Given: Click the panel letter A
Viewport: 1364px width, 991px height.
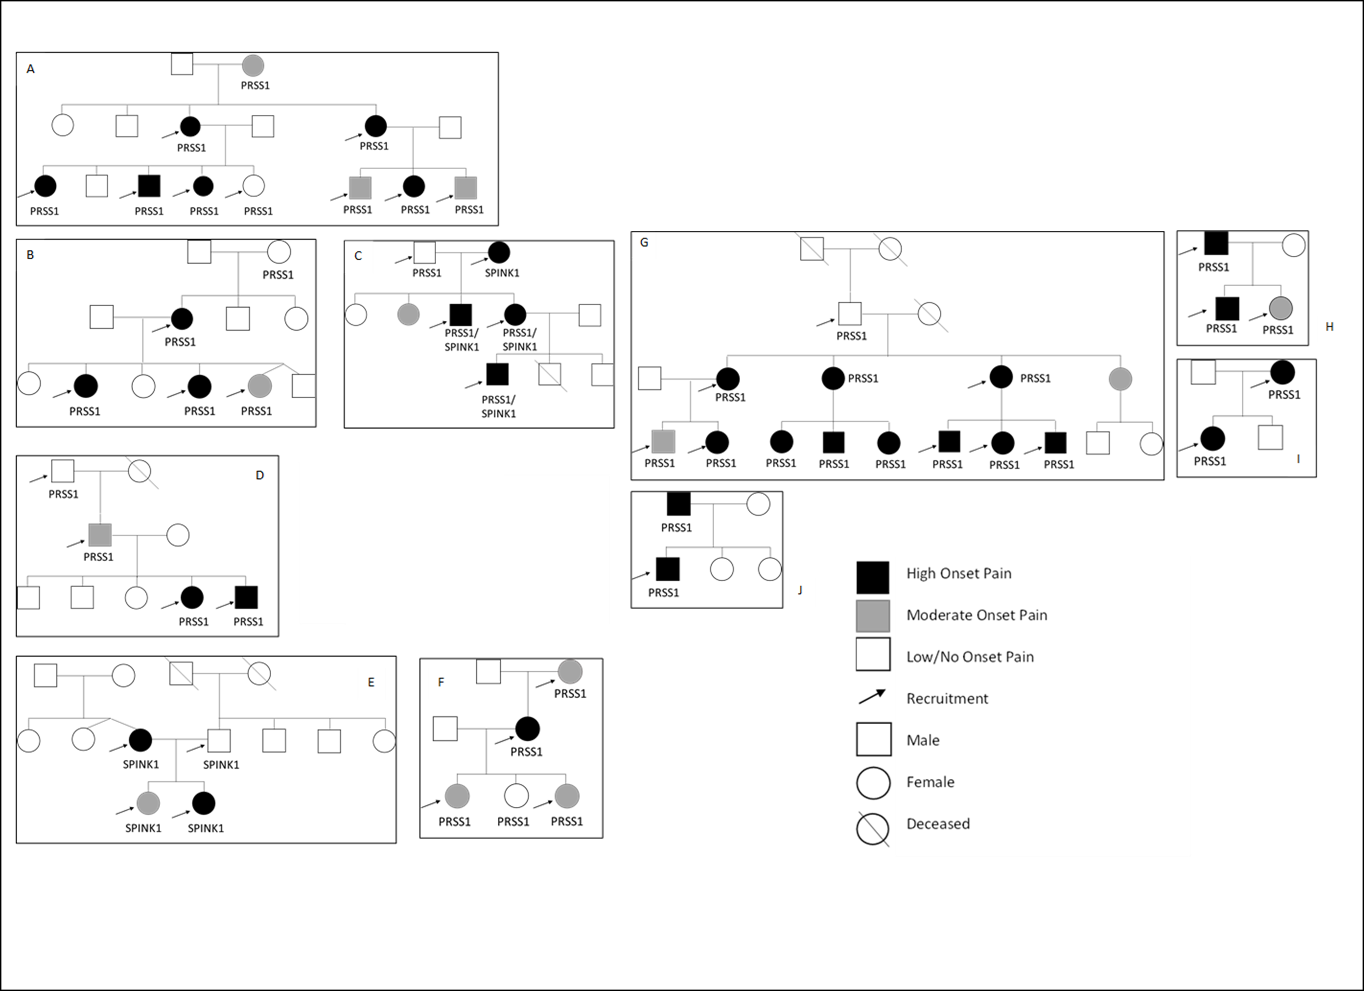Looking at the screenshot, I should tap(31, 69).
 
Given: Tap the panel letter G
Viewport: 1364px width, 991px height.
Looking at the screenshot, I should tap(644, 242).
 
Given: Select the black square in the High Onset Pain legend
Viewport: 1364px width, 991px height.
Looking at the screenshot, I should tap(872, 577).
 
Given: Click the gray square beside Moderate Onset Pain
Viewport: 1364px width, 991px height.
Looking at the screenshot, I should tap(872, 616).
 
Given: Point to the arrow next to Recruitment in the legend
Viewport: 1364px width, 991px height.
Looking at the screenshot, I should tap(872, 697).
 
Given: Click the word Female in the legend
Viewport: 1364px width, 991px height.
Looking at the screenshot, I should tap(930, 782).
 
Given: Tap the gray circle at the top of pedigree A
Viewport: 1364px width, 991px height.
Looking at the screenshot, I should tap(253, 65).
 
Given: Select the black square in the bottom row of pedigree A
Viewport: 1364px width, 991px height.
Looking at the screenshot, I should tap(149, 186).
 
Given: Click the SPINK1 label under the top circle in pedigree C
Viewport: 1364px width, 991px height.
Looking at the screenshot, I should tap(502, 273).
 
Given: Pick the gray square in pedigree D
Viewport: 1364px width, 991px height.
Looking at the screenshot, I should tap(100, 535).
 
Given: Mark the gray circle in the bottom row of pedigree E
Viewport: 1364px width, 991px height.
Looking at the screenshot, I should tap(148, 803).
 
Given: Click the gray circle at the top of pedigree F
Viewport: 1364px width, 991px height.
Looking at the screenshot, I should tap(569, 671).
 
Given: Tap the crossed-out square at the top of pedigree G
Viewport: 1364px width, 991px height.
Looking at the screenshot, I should tap(812, 249).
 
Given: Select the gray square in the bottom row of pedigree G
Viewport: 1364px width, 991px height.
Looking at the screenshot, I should tap(663, 442).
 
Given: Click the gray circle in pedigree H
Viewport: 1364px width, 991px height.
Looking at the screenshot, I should tap(1280, 308).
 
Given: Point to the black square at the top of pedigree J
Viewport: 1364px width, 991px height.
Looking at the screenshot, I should tap(678, 504).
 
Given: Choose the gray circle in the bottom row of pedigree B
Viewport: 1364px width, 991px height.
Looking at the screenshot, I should tap(260, 386).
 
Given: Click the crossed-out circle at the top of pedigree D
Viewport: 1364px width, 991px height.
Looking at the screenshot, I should tap(139, 471).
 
